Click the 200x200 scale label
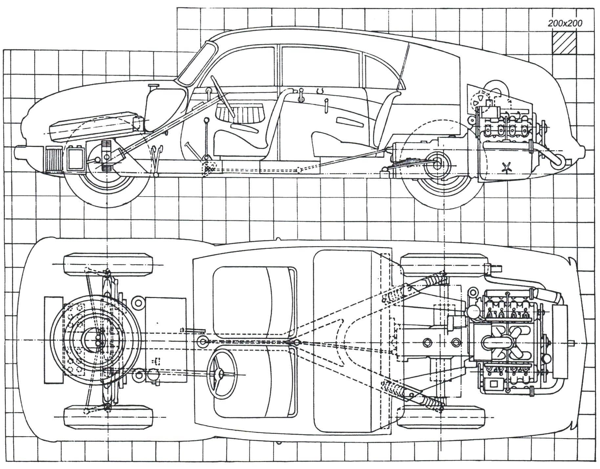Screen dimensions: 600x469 (565, 23)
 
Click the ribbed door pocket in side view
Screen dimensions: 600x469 (240, 113)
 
